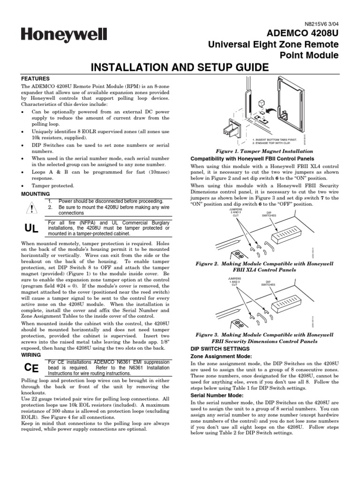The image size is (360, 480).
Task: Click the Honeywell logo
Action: (63, 35)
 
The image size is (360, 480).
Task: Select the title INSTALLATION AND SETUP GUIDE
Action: (180, 67)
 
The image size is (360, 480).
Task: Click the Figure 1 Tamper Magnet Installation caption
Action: (264, 152)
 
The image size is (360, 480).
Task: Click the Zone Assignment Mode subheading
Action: (216, 357)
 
